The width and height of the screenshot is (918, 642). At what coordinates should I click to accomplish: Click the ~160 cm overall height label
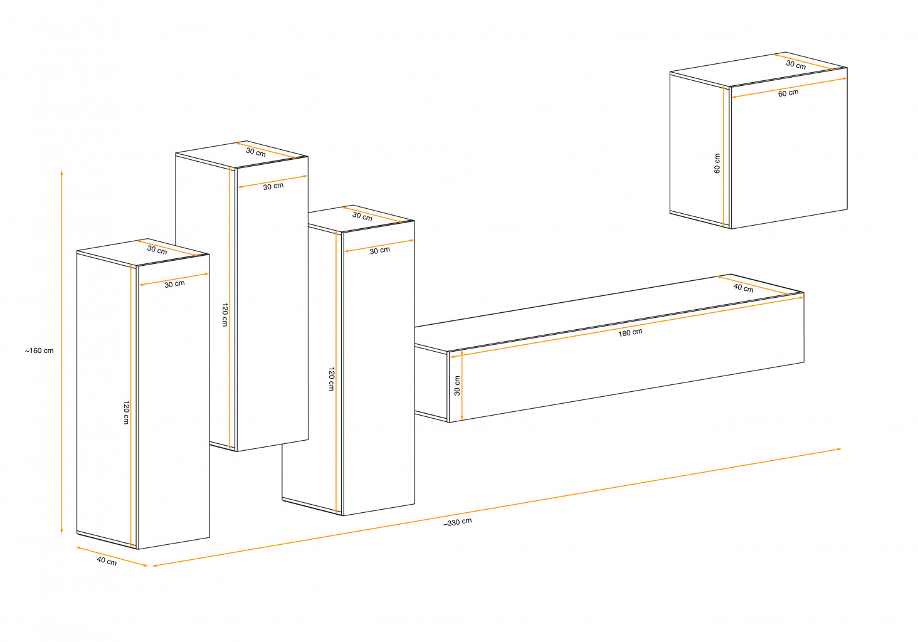click(x=39, y=350)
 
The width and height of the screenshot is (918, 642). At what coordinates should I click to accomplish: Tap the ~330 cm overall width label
click(x=457, y=522)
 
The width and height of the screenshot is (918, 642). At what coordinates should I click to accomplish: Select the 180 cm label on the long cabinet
click(x=630, y=332)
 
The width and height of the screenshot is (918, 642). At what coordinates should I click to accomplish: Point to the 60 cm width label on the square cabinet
click(x=788, y=93)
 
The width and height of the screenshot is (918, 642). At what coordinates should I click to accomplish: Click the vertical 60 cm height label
click(x=717, y=164)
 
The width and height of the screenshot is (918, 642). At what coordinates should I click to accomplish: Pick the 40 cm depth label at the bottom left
click(x=107, y=561)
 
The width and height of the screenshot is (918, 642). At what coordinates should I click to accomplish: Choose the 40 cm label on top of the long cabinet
click(x=744, y=288)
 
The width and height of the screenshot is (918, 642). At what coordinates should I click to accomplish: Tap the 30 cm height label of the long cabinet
click(x=457, y=386)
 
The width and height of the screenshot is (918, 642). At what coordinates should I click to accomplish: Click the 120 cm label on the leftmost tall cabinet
click(x=126, y=413)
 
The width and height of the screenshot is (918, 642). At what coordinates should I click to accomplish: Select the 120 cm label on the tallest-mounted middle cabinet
click(x=225, y=315)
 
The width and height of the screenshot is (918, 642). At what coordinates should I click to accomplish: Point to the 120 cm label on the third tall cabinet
click(x=332, y=379)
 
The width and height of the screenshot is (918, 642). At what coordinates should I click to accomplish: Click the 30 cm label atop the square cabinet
click(x=796, y=65)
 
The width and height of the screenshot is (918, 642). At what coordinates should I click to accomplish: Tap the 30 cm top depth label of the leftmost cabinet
click(x=157, y=250)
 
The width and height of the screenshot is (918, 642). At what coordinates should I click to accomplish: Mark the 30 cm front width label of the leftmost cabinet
click(x=174, y=284)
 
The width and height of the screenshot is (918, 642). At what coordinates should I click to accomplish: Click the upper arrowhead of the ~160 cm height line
click(x=62, y=173)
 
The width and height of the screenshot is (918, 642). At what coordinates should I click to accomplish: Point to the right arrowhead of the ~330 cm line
click(x=838, y=450)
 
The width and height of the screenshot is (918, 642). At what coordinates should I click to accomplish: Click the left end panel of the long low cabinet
click(x=431, y=384)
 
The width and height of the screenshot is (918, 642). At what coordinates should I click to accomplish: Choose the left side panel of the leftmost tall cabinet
click(x=107, y=399)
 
